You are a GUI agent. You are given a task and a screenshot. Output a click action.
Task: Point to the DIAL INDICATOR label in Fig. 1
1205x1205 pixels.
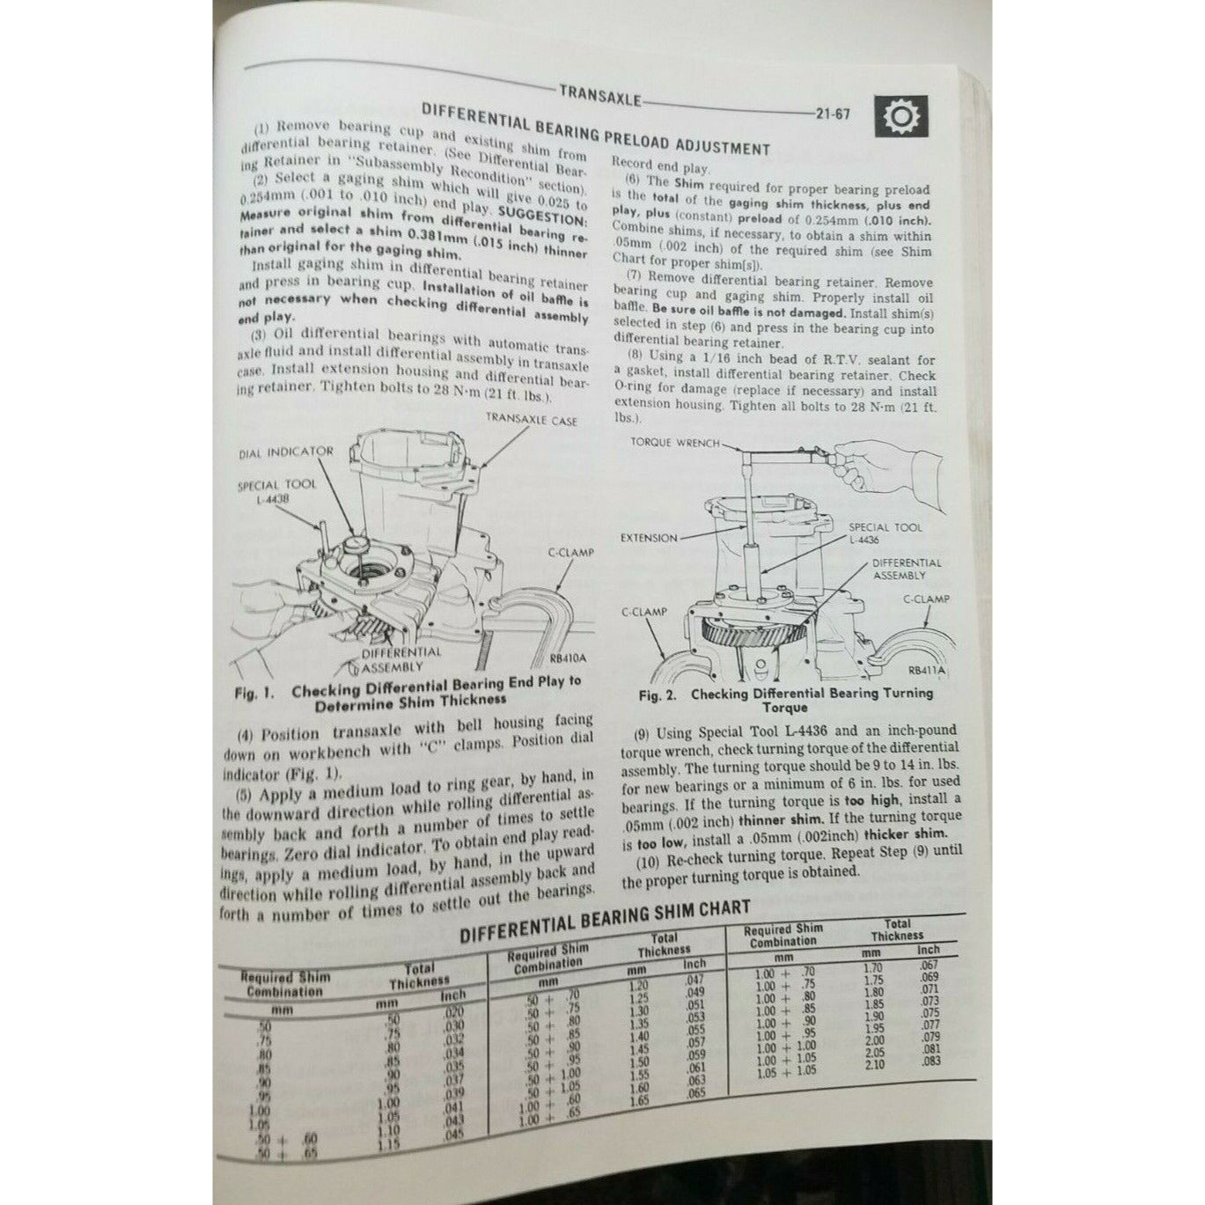tap(286, 452)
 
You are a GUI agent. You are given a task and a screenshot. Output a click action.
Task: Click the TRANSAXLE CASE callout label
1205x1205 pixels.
tap(532, 421)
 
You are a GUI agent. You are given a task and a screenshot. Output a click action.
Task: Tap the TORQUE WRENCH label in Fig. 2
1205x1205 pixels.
tap(675, 443)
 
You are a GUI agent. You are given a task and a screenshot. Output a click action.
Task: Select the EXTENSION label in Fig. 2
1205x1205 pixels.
tap(649, 538)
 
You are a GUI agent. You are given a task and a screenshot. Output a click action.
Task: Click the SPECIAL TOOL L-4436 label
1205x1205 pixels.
tap(885, 533)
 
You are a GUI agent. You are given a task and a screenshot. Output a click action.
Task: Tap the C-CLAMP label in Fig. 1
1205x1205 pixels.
tap(570, 553)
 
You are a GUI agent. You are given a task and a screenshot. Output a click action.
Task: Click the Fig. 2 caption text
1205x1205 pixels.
tap(785, 700)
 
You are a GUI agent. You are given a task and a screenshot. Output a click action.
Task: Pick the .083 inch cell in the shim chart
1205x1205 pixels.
tap(931, 1061)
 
